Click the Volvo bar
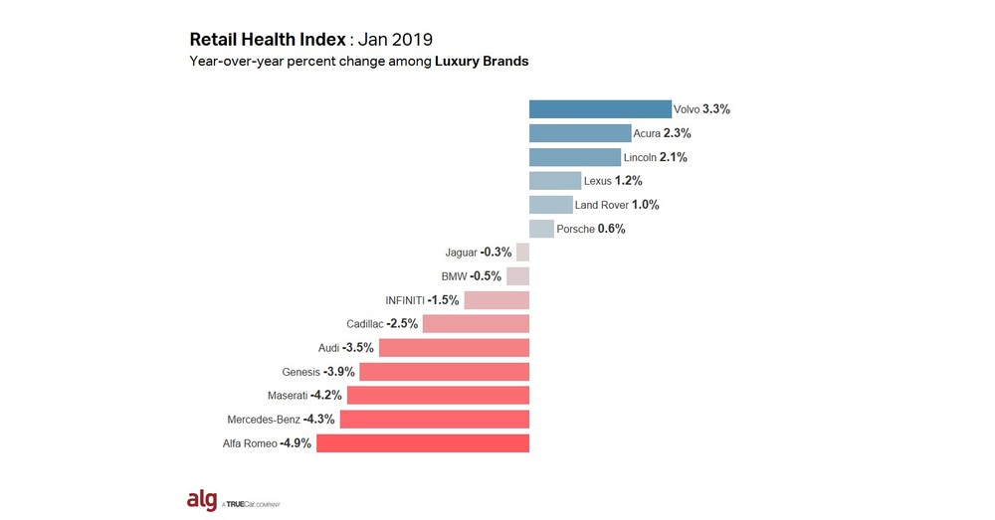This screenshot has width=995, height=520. click(600, 109)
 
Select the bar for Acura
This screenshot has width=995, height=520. click(580, 133)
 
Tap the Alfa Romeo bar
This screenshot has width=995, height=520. click(423, 443)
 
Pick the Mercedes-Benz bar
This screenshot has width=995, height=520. click(435, 420)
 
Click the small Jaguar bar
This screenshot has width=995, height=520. click(522, 253)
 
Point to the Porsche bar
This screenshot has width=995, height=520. click(541, 229)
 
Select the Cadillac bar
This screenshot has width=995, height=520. click(476, 324)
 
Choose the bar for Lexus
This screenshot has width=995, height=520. click(555, 181)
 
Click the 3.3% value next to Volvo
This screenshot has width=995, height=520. click(716, 109)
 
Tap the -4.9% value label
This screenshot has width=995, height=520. click(297, 443)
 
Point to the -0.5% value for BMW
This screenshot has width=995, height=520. click(487, 276)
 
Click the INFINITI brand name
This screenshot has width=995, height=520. click(405, 300)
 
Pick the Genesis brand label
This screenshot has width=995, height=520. click(300, 372)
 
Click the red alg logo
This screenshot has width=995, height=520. click(202, 500)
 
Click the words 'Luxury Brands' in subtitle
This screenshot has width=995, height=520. click(482, 62)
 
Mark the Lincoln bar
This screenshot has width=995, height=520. click(575, 157)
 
